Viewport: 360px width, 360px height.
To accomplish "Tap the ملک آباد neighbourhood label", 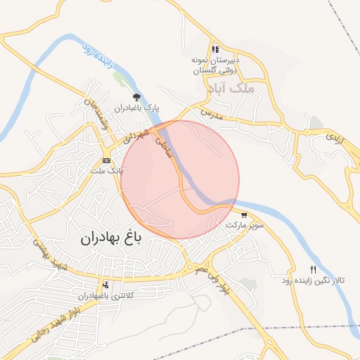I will point(229,89).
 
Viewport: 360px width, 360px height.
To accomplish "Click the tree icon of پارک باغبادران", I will point(136,98).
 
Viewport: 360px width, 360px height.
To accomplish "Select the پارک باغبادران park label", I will point(138,108).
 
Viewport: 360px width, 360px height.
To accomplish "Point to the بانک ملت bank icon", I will point(106,161).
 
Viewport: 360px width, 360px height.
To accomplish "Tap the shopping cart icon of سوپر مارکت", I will point(244,215).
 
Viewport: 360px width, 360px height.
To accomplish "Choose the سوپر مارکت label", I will point(245,226).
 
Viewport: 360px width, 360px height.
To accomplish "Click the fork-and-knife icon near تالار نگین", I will point(314,270).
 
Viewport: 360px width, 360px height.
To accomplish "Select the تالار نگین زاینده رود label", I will point(314,281).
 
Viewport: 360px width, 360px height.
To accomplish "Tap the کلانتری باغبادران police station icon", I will point(105,285).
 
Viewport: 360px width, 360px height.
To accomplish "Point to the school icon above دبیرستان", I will point(215,49).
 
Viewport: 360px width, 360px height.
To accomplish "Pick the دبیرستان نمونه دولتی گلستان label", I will point(216,65).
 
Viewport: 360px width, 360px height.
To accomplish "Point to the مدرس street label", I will point(211,113).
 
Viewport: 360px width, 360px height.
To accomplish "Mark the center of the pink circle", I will point(181,179).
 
